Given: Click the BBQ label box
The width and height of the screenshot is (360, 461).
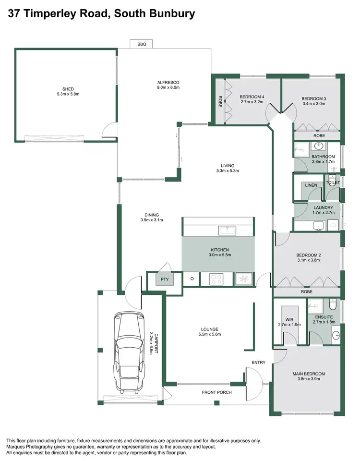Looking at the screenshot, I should [x=142, y=44].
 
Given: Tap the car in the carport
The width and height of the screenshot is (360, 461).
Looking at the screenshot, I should [x=129, y=351].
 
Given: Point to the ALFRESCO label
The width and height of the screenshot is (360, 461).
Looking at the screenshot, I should [x=168, y=82].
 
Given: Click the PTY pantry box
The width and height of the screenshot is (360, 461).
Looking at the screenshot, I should [x=165, y=279].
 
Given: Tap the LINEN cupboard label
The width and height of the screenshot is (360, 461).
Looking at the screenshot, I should [x=311, y=185].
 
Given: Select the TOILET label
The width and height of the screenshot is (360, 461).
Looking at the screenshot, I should [x=333, y=182].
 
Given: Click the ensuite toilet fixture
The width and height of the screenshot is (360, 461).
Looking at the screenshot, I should [x=333, y=305].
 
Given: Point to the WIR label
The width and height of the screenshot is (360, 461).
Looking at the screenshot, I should [x=289, y=319].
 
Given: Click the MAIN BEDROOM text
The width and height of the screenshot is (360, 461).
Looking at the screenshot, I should [x=309, y=374].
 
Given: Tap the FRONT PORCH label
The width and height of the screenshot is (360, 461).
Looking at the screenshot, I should [x=216, y=392].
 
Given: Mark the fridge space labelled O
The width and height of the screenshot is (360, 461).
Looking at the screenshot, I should [x=192, y=279].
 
